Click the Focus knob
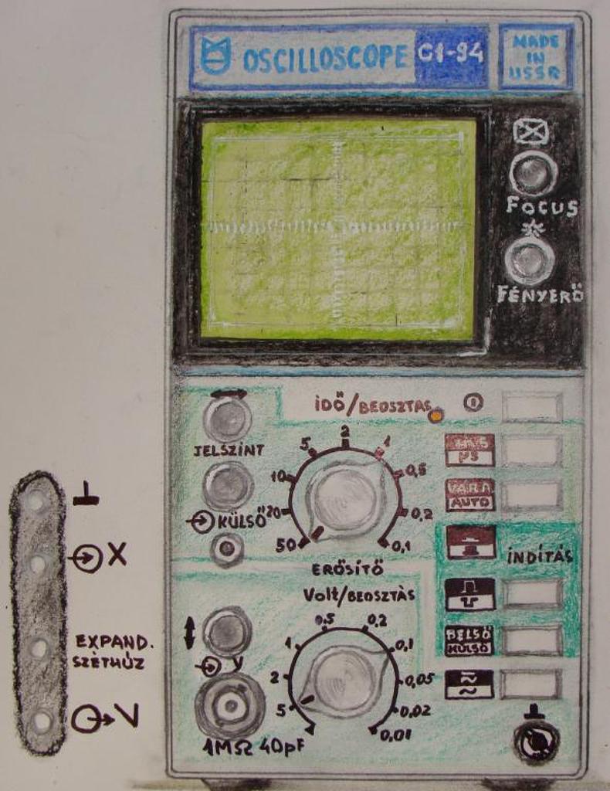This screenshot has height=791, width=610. click(x=533, y=173)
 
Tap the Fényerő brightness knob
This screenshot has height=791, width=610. click(x=530, y=261)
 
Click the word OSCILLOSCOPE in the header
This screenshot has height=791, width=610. click(x=325, y=58)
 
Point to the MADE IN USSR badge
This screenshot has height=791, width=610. click(x=536, y=56)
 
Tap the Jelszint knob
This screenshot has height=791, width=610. click(x=227, y=419)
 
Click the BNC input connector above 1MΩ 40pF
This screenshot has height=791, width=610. click(x=229, y=704)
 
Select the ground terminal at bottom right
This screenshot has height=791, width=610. click(x=536, y=742)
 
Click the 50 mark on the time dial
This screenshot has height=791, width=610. click(x=286, y=544)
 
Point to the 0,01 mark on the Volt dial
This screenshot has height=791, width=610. click(x=395, y=735)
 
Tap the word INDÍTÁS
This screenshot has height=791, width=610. click(x=541, y=557)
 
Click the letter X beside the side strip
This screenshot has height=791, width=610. click(x=117, y=554)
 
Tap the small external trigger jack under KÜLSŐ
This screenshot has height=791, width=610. click(x=227, y=549)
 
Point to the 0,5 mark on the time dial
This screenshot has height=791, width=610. click(x=415, y=470)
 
